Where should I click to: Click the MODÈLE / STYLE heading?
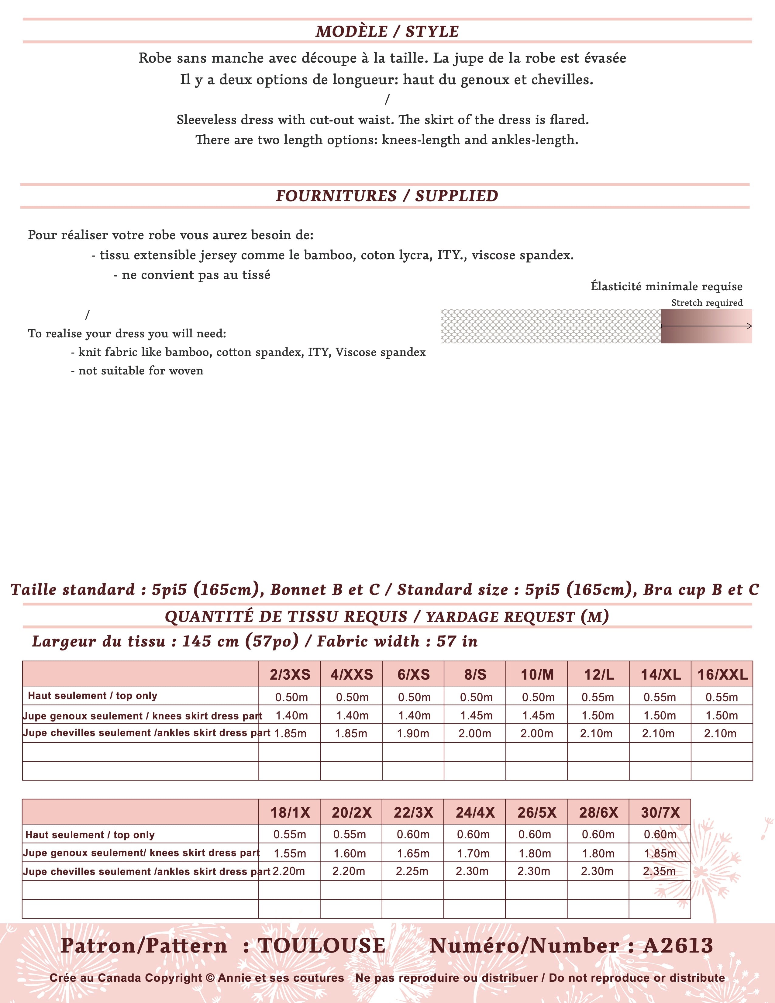[387, 31]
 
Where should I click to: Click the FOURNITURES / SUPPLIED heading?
[387, 196]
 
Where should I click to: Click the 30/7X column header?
[660, 812]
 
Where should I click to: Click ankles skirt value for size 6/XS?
[413, 733]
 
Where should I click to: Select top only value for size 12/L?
[598, 697]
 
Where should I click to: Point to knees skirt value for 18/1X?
[290, 853]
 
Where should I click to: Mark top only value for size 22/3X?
[413, 834]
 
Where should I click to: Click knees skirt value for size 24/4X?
[473, 853]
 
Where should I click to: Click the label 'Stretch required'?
[707, 303]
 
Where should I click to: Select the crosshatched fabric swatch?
[550, 326]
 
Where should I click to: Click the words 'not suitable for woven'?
[140, 371]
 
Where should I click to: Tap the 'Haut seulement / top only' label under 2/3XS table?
[92, 695]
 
